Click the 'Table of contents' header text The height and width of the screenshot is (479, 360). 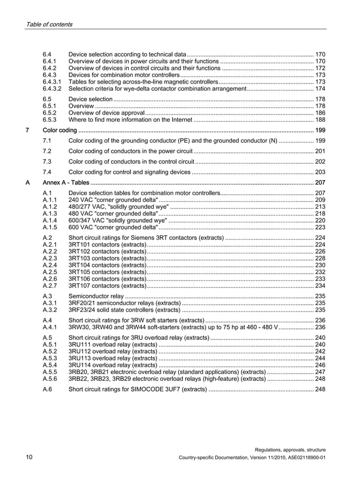pos(49,24)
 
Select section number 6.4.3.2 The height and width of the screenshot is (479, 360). pos(52,89)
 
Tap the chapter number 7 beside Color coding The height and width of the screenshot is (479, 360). pos(28,130)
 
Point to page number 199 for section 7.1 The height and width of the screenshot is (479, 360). pos(320,140)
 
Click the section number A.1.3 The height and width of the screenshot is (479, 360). pos(50,214)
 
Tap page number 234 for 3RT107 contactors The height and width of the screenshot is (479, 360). pos(320,285)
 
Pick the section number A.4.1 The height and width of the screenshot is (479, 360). pos(50,327)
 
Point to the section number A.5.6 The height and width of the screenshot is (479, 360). pos(50,379)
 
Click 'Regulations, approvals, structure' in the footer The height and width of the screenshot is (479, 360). pos(290,449)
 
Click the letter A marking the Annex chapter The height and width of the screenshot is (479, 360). pos(28,183)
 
